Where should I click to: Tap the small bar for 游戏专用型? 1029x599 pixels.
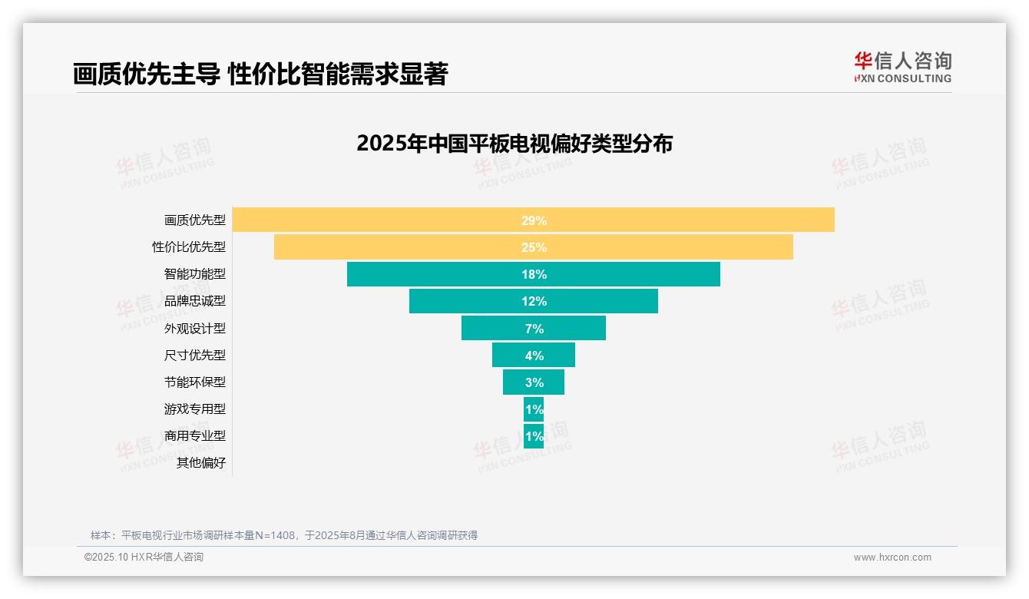coord(534,409)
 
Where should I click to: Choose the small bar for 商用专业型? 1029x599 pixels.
coord(534,435)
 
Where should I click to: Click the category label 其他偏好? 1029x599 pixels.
coord(201,463)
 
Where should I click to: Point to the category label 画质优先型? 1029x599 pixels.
coord(195,220)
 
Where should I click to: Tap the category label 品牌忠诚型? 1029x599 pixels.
coord(195,301)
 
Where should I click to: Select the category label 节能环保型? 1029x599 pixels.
coord(195,382)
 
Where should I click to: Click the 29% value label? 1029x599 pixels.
coord(534,220)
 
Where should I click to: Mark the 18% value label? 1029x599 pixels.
coord(534,274)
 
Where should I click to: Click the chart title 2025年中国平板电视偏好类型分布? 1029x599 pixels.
coord(514,144)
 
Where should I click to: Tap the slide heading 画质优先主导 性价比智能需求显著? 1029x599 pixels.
coord(260,74)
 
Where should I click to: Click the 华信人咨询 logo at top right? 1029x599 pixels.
coord(902,67)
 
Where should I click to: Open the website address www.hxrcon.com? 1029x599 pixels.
coord(892,558)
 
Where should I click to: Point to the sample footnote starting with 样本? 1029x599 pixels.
coord(284,535)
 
